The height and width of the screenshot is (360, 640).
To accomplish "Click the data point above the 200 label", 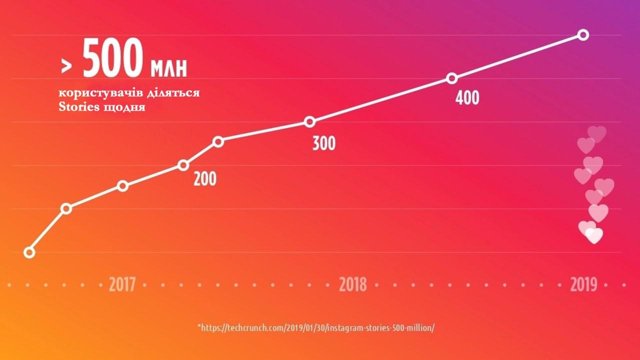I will [183, 165].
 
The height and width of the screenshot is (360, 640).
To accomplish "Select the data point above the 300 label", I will [310, 122].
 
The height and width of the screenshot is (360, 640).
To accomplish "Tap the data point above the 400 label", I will [452, 78].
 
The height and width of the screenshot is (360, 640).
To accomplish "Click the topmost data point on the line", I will [583, 35].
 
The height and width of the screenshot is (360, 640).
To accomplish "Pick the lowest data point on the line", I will [29, 252].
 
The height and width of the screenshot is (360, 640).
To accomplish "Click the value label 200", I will [205, 178].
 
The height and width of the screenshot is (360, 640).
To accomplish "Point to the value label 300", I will [324, 144].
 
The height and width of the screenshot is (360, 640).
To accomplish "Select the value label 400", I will [467, 98].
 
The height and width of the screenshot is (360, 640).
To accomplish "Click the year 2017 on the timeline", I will [122, 284].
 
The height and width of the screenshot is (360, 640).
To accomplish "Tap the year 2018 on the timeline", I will [353, 284].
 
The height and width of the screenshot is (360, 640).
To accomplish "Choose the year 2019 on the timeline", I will [583, 284].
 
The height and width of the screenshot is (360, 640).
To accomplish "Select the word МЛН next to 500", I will [168, 68].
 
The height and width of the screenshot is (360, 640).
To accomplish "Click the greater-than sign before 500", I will [65, 65].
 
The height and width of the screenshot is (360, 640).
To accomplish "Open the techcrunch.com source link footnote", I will [316, 328].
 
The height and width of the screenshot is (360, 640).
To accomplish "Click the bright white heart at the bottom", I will [594, 235].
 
